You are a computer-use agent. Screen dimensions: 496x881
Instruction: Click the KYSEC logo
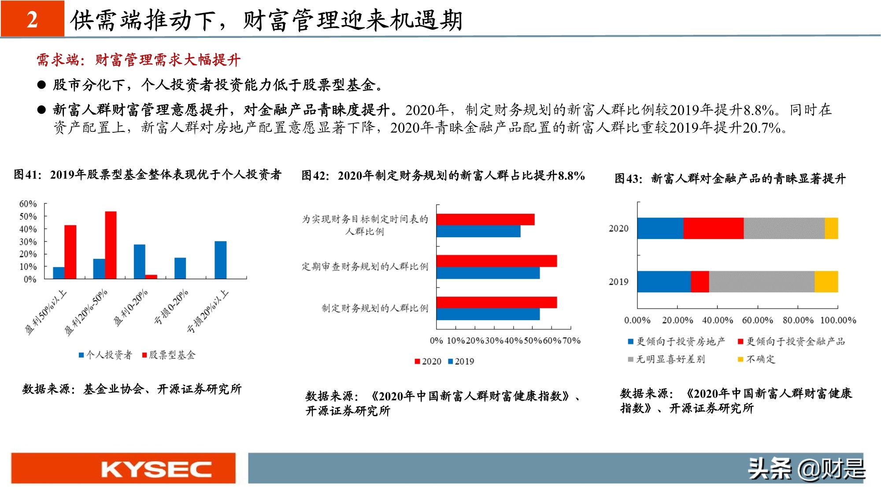156,469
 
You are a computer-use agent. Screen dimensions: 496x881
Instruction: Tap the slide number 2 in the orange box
32,19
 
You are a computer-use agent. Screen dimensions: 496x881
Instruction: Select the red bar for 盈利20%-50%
111,245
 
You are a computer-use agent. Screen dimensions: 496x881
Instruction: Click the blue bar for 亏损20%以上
221,260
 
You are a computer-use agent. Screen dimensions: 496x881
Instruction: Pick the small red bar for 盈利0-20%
151,276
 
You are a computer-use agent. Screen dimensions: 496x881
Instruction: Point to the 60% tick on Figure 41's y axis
28,204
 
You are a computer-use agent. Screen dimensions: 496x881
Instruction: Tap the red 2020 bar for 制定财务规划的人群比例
496,302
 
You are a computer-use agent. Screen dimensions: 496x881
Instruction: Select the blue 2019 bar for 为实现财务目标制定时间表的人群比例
478,231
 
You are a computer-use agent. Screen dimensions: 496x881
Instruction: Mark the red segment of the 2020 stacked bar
713,228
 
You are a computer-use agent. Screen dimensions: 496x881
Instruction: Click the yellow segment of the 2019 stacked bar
826,282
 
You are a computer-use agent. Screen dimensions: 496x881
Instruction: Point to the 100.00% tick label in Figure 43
838,321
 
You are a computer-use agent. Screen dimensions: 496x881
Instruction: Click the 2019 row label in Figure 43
618,282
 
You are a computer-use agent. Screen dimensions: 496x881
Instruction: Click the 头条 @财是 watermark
807,469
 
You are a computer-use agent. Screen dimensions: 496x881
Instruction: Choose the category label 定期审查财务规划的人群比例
365,267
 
